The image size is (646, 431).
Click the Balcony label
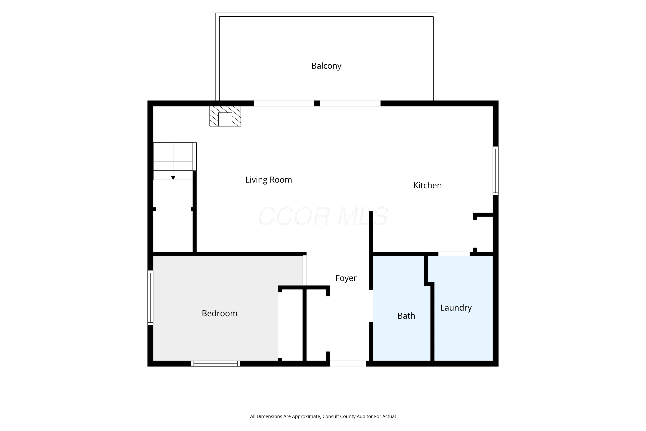[x=326, y=66]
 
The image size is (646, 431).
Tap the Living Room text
[x=269, y=180]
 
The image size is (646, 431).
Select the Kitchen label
[x=427, y=186]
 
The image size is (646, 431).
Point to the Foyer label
[x=346, y=278]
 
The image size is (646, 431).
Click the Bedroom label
[x=219, y=313]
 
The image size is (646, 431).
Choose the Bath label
[x=406, y=316]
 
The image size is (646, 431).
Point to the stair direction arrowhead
[x=173, y=178]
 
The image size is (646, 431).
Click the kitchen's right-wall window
[x=495, y=171]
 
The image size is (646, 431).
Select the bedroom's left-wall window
[x=150, y=298]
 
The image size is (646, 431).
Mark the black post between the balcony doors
[x=317, y=103]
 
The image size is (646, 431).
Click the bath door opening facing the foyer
[x=371, y=306]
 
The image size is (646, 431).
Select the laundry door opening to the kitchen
[x=454, y=254]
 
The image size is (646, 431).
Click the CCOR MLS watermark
[x=323, y=216]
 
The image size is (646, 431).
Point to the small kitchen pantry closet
[x=485, y=234]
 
